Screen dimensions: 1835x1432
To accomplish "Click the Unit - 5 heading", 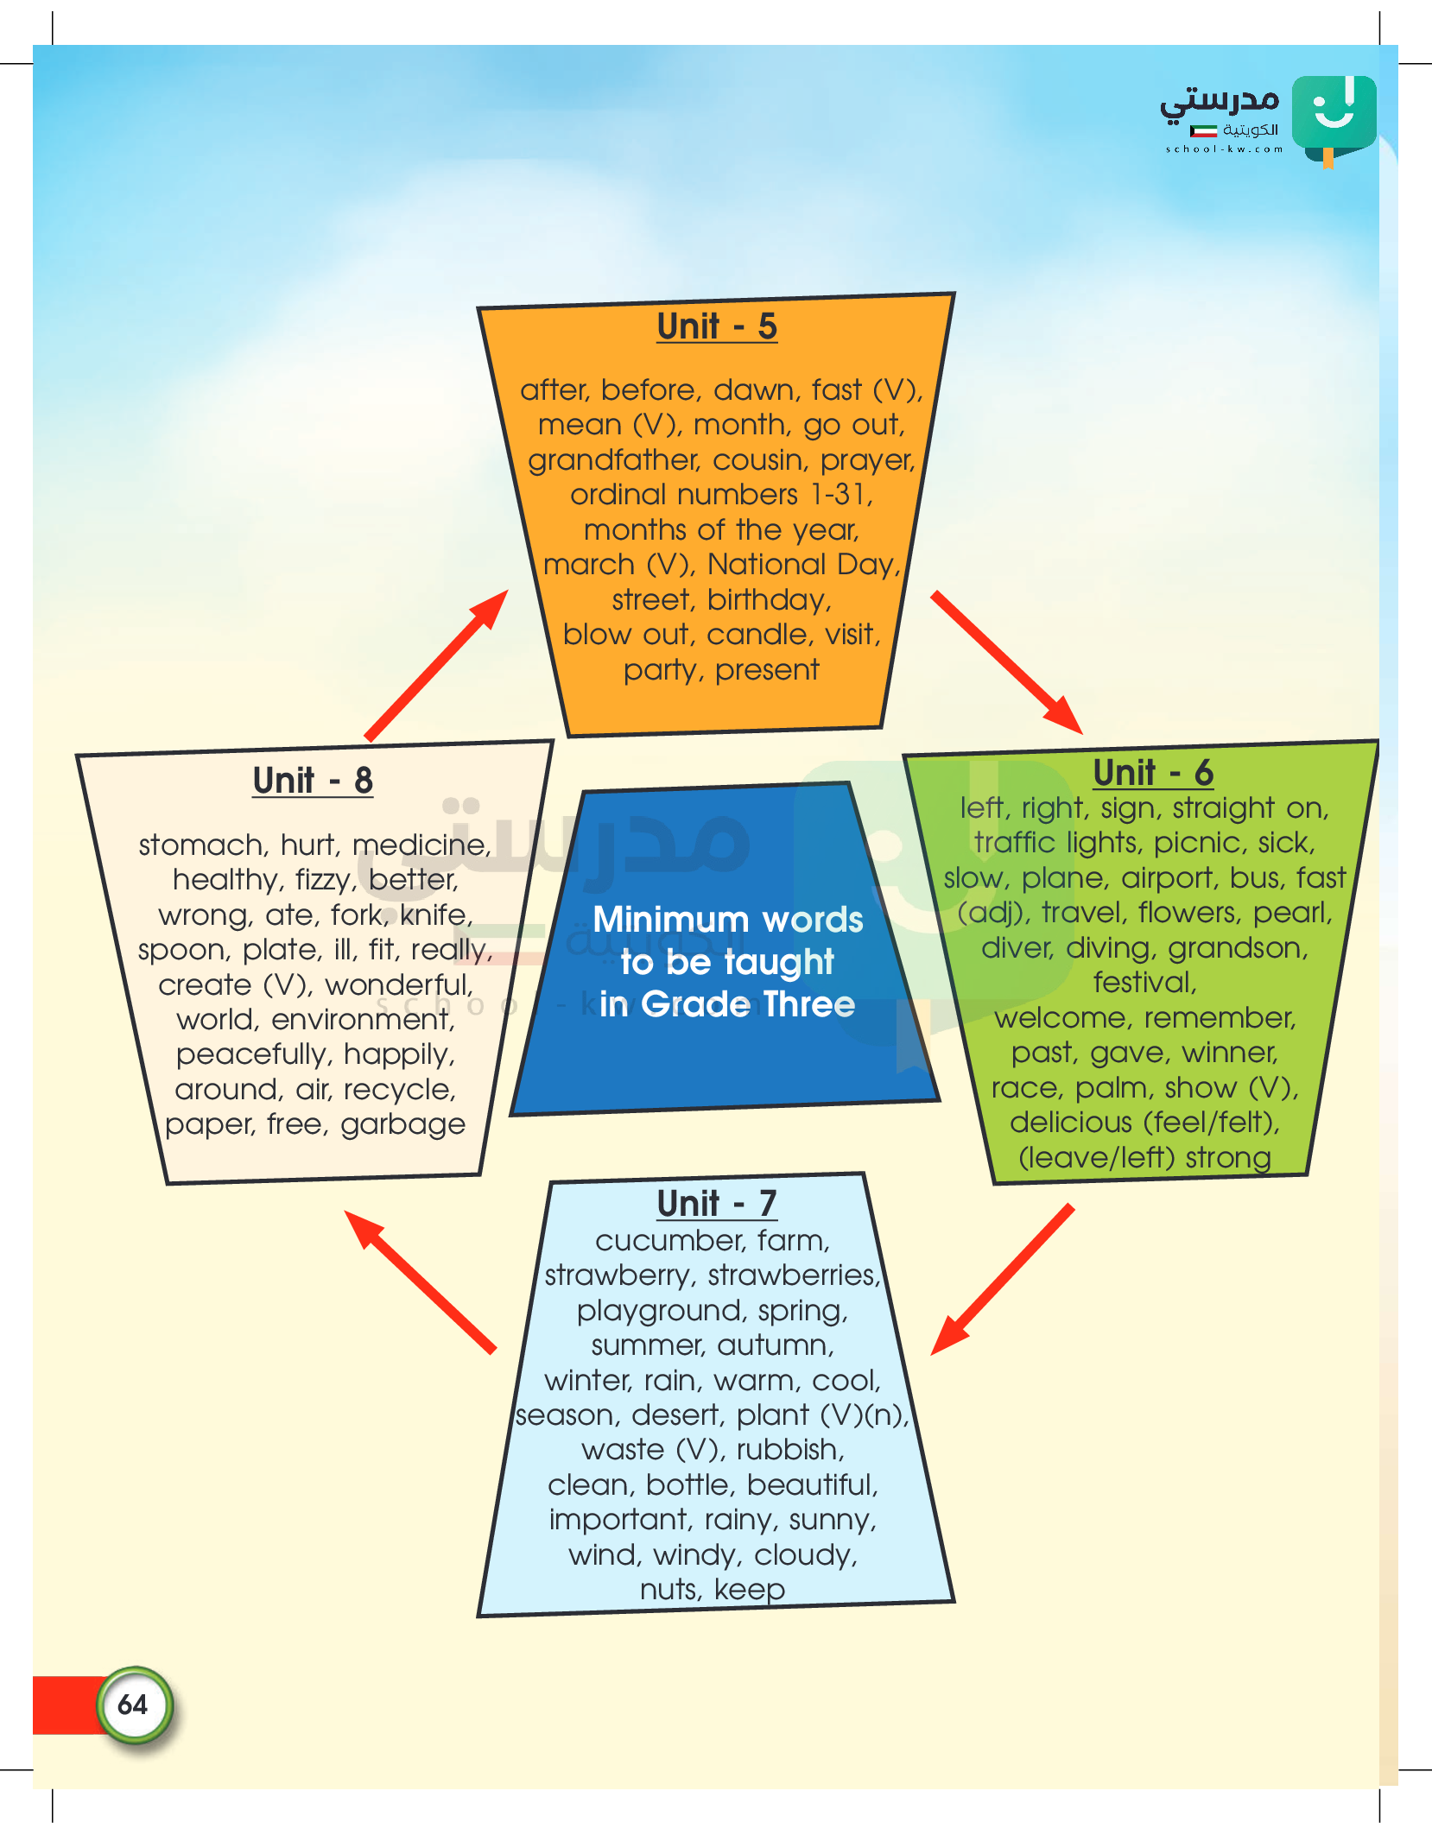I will point(717,327).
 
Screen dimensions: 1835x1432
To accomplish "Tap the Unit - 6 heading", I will point(1153,773).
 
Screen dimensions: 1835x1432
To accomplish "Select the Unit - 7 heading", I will point(717,1204).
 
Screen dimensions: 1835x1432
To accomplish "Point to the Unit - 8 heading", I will point(313,781).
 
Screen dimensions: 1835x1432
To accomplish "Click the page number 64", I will point(133,1705).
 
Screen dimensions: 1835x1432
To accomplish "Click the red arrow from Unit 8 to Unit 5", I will point(437,665).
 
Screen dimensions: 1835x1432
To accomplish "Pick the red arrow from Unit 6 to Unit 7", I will point(1003,1279).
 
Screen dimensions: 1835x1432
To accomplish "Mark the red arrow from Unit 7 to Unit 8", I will point(421,1281).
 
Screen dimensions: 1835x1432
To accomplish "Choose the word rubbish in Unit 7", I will point(789,1450).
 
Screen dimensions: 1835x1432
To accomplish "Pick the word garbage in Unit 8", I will point(402,1124).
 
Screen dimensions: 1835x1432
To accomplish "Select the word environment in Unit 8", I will point(363,1020).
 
